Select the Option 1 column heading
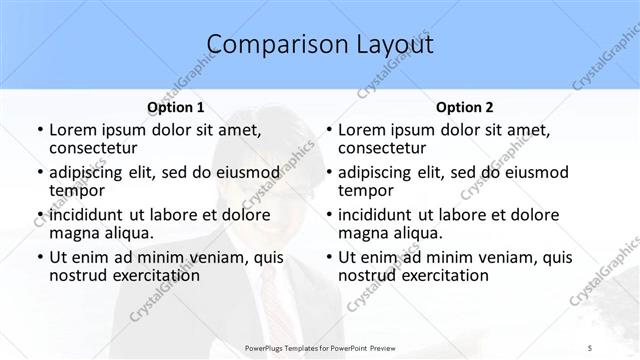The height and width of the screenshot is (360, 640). [x=175, y=107]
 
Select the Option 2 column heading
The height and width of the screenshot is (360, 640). [x=464, y=107]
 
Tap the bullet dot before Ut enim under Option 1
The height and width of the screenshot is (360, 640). [x=39, y=257]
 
